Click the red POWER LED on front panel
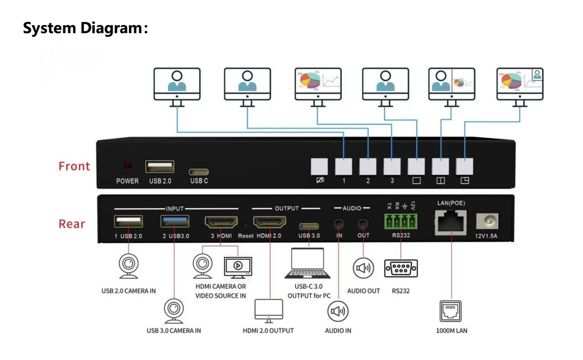point(127,166)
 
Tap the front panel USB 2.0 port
point(159,167)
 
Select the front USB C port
point(199,171)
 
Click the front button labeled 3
point(392,166)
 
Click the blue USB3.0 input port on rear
point(175,222)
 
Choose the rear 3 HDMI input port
point(221,223)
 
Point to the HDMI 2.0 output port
point(269,223)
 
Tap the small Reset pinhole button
point(246,225)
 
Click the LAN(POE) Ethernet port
point(450,222)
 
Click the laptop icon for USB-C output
point(308,263)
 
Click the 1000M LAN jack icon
point(451,311)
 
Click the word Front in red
point(74,166)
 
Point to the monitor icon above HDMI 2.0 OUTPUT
point(269,310)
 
